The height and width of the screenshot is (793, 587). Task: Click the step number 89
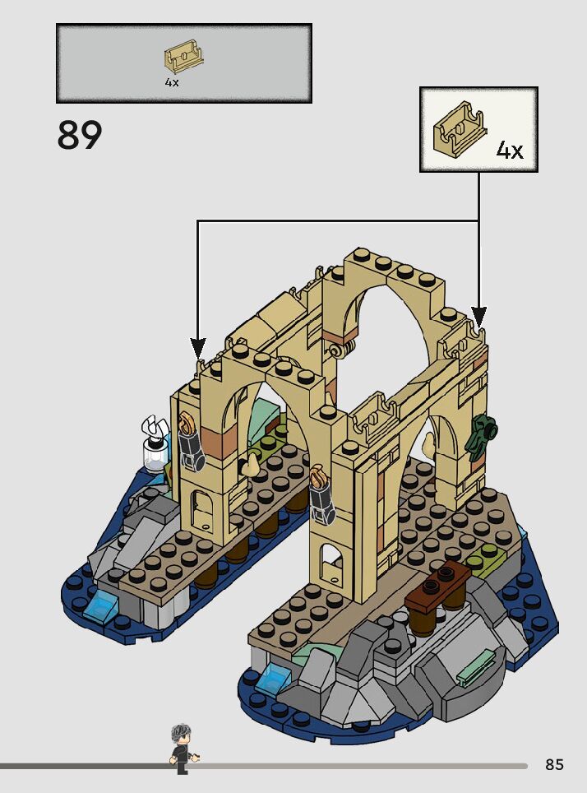[x=80, y=136]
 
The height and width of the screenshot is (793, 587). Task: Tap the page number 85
[x=554, y=765]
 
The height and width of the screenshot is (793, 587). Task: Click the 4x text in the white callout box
[x=509, y=151]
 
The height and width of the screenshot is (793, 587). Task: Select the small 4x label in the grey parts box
[x=171, y=83]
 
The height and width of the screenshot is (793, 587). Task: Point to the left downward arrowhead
[x=197, y=348]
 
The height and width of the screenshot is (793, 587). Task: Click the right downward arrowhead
[x=478, y=317]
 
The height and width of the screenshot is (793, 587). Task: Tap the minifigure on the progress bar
[x=181, y=747]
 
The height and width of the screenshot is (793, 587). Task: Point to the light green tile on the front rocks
[x=477, y=665]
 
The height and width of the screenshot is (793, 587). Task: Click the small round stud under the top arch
[x=335, y=351]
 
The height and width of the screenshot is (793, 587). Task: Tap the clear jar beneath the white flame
[x=153, y=454]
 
